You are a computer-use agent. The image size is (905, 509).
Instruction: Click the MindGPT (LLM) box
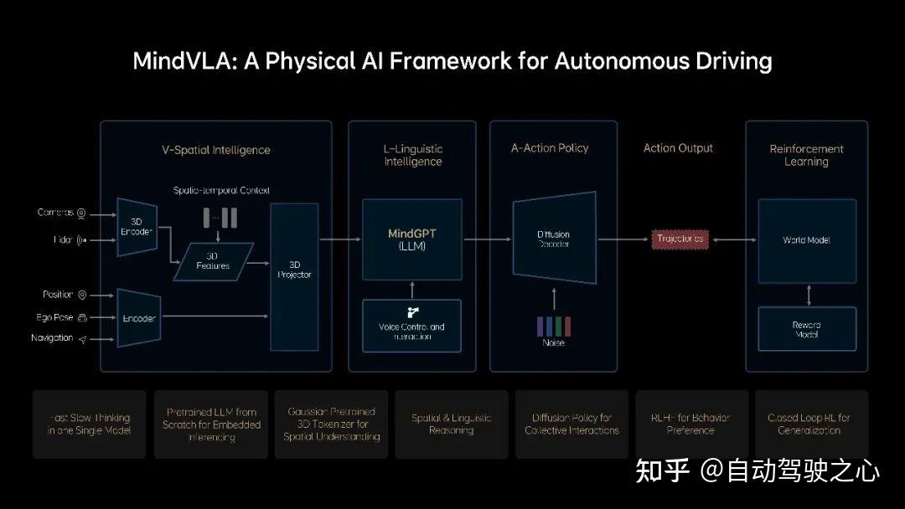tap(411, 239)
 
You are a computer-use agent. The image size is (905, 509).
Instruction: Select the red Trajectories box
tap(680, 239)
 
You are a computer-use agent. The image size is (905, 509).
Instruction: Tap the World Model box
tap(806, 240)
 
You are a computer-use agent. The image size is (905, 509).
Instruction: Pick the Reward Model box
tap(806, 329)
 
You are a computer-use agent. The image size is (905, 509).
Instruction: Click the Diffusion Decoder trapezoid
tap(554, 239)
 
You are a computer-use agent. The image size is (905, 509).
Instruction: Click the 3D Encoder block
tap(137, 226)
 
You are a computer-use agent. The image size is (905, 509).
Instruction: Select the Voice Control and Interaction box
tap(411, 326)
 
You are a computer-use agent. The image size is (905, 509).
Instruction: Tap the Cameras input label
tap(56, 213)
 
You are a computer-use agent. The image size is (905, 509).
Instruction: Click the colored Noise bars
tap(554, 326)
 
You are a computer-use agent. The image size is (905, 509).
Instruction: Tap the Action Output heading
tap(678, 148)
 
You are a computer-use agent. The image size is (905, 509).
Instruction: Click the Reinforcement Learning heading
tap(806, 155)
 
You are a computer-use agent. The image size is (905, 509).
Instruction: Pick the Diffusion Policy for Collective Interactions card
tap(571, 424)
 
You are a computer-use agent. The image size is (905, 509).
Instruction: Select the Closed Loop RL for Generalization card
tap(809, 424)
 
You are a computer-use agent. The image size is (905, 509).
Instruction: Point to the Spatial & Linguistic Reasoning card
tap(451, 424)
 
